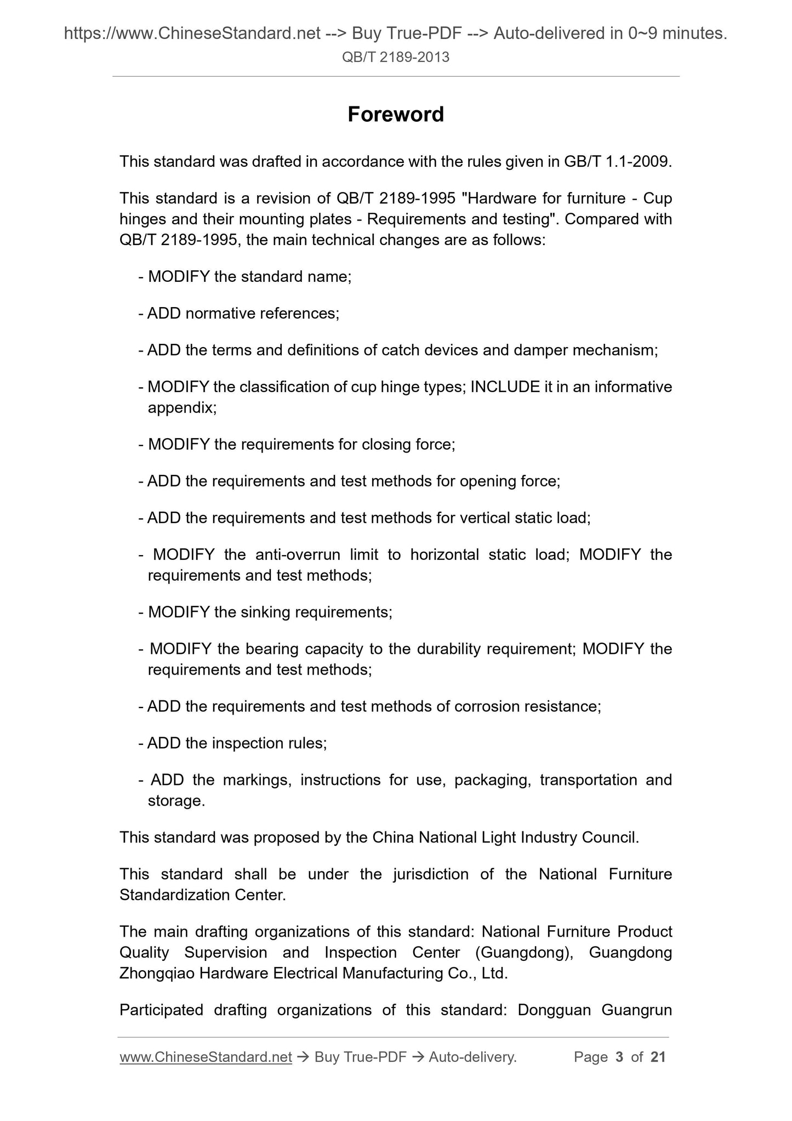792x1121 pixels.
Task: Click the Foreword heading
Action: coord(396,115)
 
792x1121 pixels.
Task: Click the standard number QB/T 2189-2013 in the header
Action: coord(396,57)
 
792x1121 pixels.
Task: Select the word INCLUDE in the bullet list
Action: coord(505,387)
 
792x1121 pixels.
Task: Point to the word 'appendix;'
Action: coord(182,407)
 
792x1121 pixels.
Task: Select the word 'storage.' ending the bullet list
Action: coord(176,801)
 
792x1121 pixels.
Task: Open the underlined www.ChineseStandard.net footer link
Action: coord(206,1057)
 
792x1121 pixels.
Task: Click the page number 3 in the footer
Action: coord(619,1057)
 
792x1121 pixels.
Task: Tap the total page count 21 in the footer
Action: coord(658,1057)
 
